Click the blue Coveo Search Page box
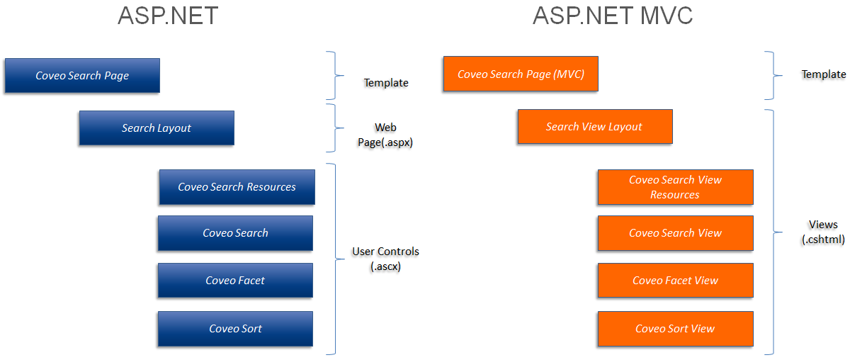82,76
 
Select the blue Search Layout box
157,128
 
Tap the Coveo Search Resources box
237,187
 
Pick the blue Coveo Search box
235,233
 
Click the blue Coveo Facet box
235,281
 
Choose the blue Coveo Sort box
235,329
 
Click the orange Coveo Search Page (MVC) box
521,74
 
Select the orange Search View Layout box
594,127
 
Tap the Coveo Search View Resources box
675,187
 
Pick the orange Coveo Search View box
675,233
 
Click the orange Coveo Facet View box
675,281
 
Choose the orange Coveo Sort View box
675,329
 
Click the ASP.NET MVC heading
612,16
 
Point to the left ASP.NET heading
167,16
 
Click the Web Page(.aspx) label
385,135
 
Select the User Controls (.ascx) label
385,259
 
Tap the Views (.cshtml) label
823,232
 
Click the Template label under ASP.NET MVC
823,74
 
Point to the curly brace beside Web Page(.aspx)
331,128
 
